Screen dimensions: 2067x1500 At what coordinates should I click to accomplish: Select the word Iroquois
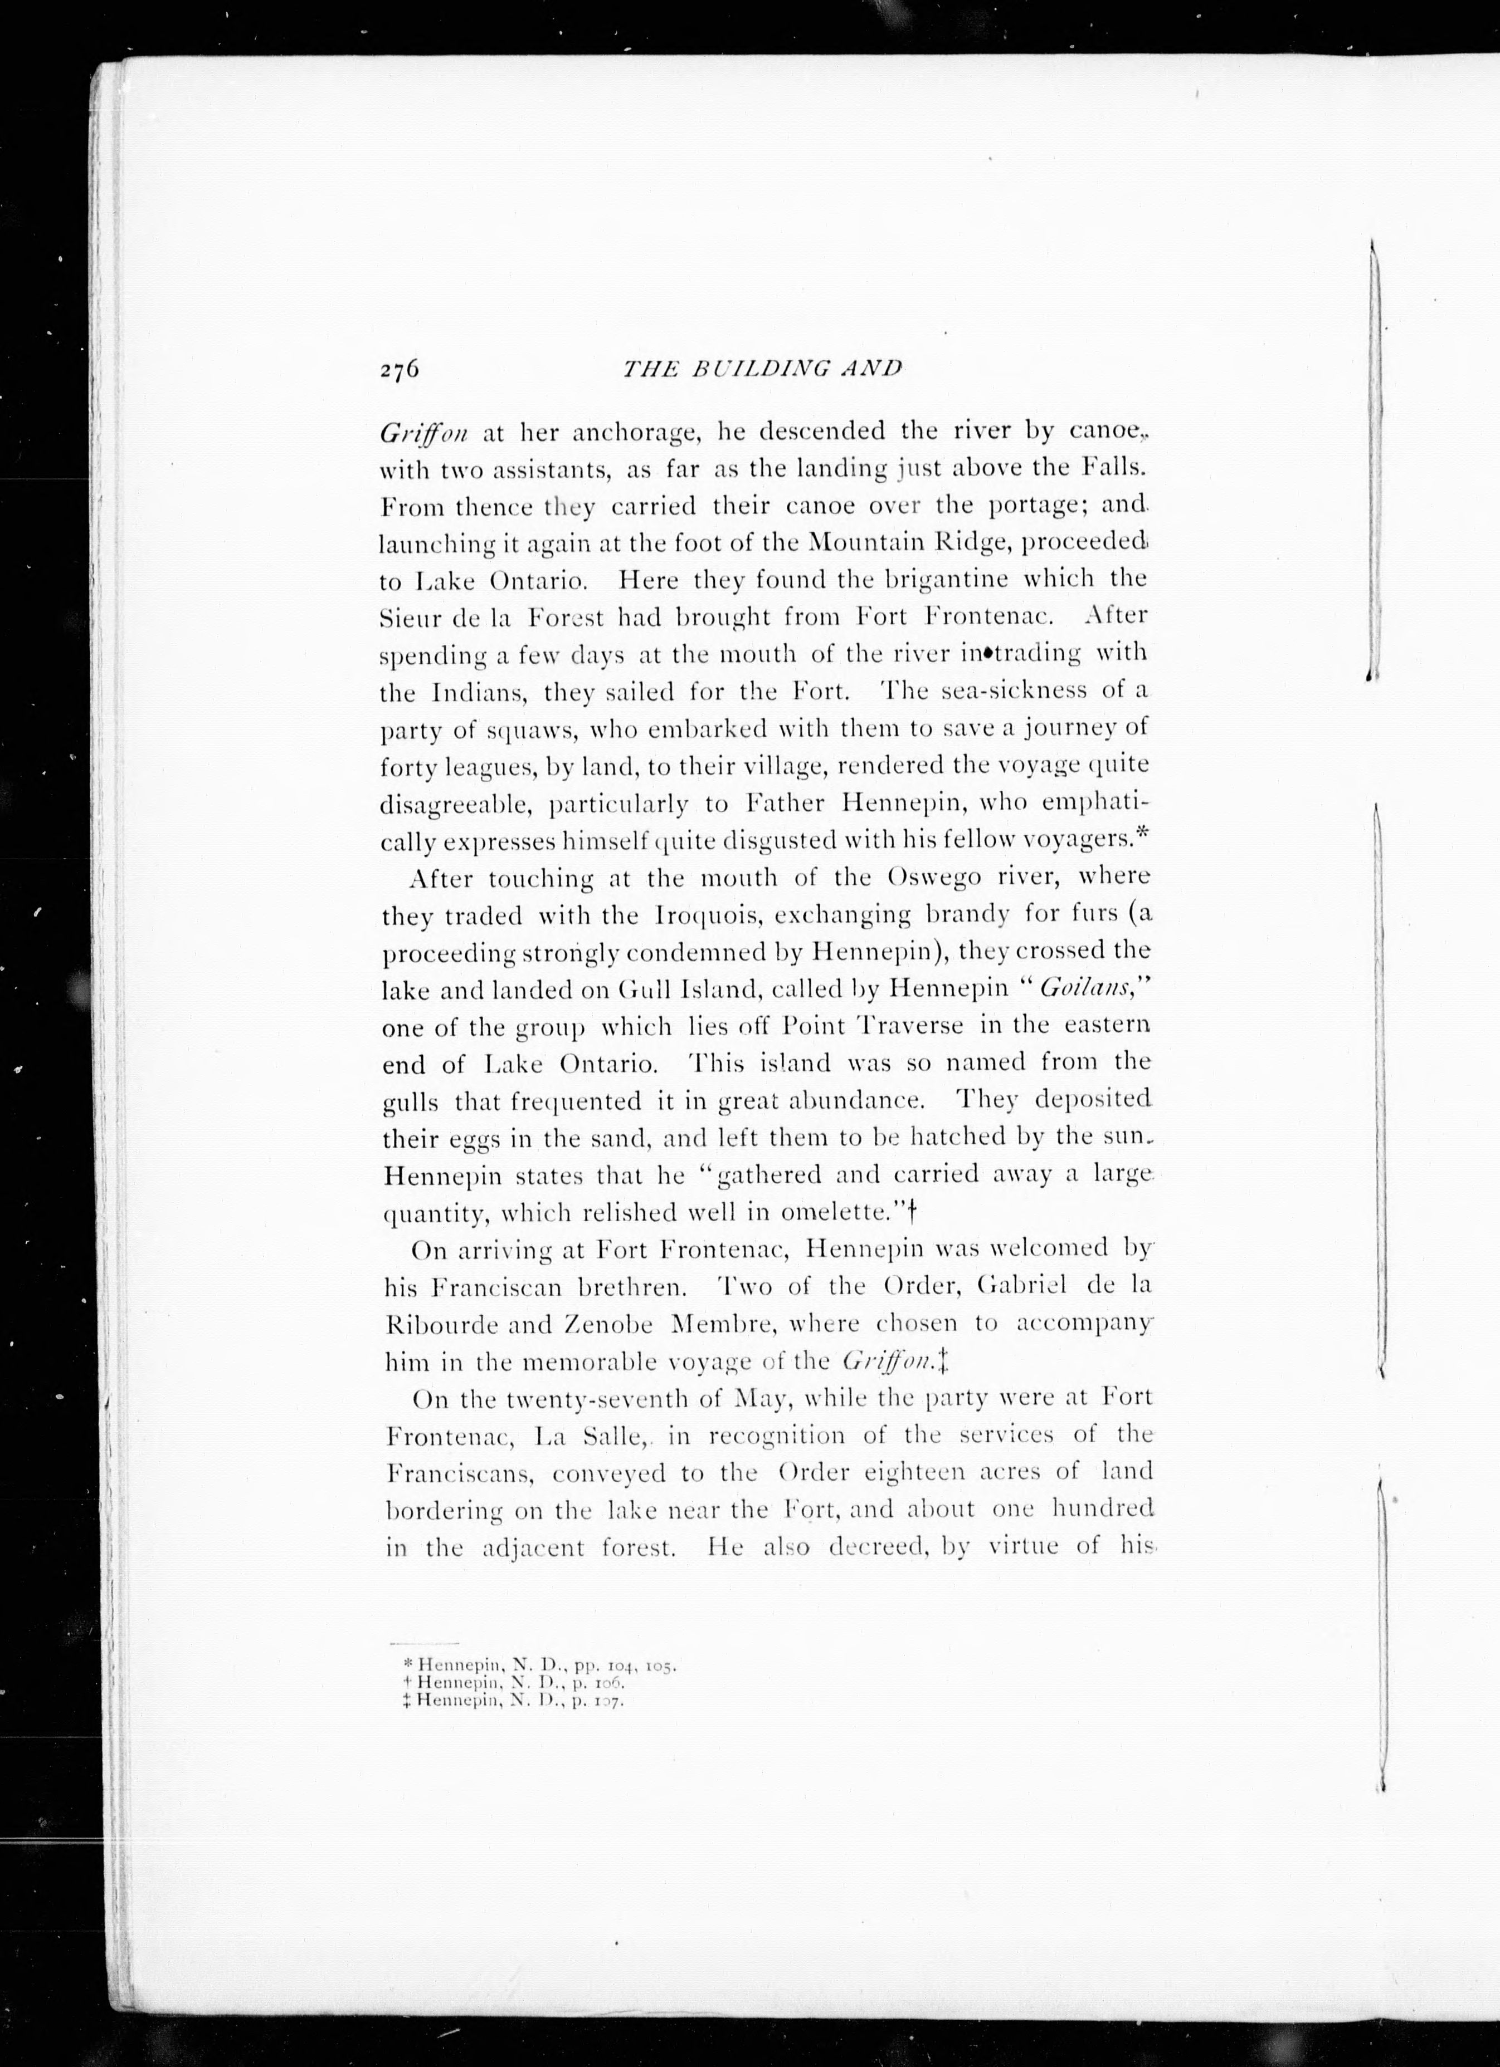point(704,915)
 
